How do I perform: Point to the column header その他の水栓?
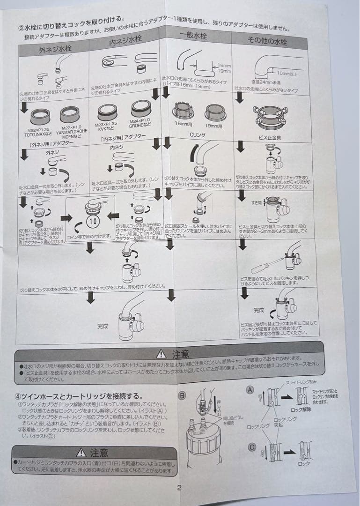(267, 40)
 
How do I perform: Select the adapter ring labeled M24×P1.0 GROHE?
(141, 109)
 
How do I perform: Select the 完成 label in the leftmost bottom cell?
(103, 326)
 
